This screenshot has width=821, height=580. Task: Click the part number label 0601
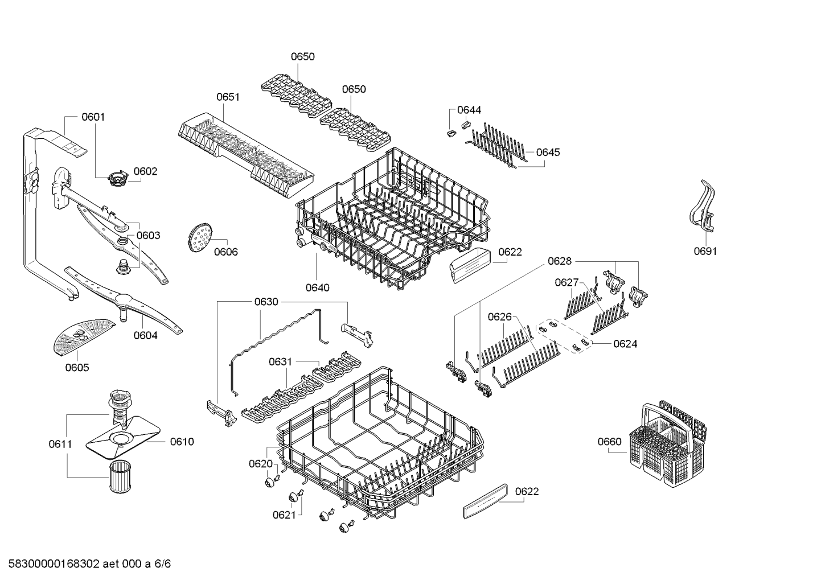point(93,117)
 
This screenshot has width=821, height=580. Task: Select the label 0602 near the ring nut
point(145,171)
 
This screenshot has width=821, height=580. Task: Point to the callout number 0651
point(228,97)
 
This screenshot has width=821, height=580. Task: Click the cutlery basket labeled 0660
point(668,444)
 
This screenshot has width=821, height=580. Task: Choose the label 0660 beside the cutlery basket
point(610,442)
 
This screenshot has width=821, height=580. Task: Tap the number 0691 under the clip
point(705,251)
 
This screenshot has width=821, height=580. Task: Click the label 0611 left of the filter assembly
point(60,444)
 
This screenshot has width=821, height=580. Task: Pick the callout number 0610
point(182,442)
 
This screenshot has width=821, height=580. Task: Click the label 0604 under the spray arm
point(146,335)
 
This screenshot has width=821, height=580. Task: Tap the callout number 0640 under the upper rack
point(317,287)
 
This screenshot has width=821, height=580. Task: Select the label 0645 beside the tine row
point(548,152)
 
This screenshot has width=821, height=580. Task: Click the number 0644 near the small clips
point(469,110)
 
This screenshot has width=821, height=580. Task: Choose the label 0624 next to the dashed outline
point(625,344)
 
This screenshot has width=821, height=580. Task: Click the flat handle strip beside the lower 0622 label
point(485,501)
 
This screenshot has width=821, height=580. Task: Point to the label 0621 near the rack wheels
point(285,515)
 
